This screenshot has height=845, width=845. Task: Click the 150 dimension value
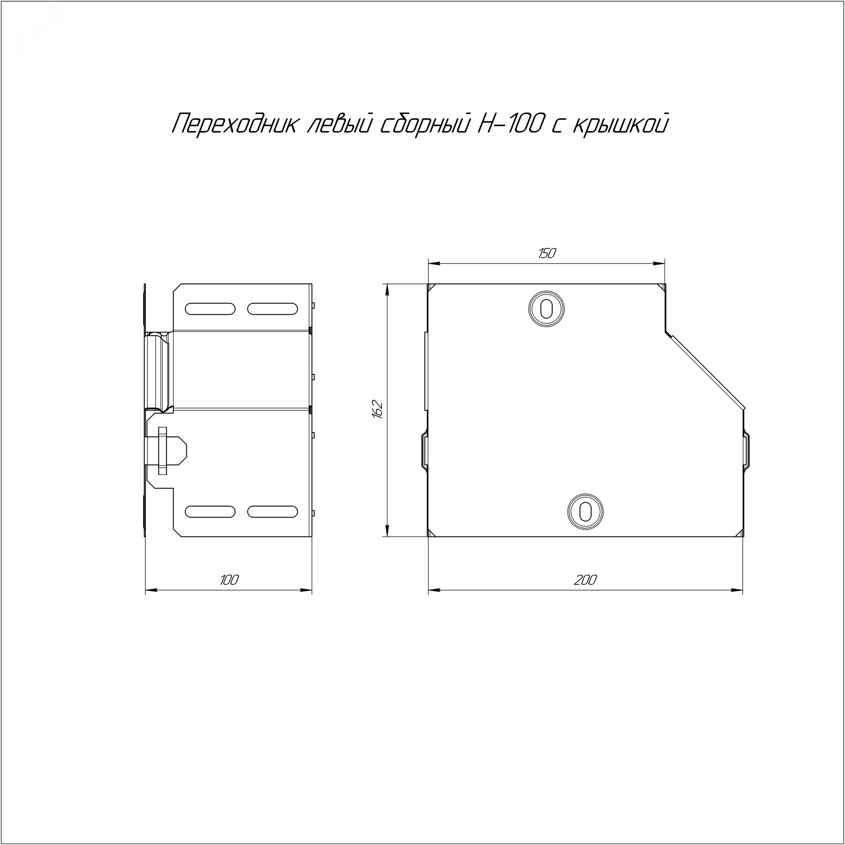tap(547, 253)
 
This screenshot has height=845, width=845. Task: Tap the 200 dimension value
tap(585, 580)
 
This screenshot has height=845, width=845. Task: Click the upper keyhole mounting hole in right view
tap(546, 309)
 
